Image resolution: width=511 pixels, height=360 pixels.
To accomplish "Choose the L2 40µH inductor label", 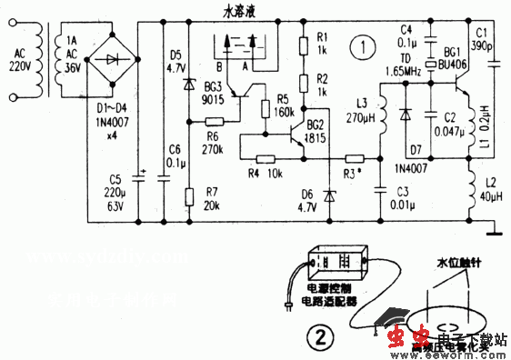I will point(489,194).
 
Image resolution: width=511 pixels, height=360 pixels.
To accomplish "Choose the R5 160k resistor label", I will point(283,107).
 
